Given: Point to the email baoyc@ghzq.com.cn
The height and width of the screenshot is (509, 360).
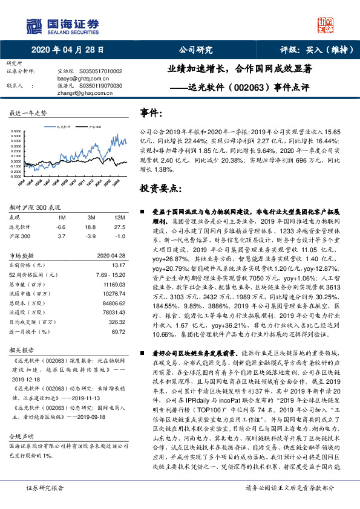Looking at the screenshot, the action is pos(77,79).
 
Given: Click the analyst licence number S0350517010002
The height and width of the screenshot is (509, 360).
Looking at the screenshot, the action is pos(100,71).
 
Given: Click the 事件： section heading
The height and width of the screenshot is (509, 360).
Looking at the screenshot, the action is pos(151,113).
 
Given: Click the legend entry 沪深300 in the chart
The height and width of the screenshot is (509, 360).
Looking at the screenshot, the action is pos(94,128).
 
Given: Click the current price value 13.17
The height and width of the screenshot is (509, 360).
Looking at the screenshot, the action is pos(118,264).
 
